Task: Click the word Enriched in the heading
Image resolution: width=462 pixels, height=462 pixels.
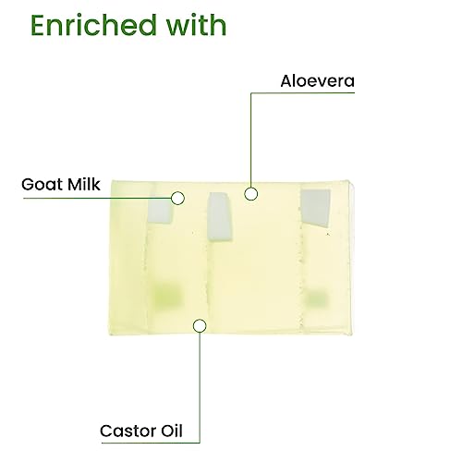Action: (x=93, y=25)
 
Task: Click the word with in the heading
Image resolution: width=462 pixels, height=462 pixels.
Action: (x=197, y=25)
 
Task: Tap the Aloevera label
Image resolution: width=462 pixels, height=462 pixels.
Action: (x=318, y=81)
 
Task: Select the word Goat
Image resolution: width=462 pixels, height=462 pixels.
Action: (x=42, y=185)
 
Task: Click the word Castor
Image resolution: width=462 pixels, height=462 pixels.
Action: (x=128, y=431)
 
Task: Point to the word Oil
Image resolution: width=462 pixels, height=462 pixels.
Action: (x=172, y=431)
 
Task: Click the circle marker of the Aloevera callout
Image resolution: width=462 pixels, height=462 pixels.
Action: (x=251, y=194)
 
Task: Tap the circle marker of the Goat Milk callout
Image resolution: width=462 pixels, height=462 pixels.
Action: (x=177, y=198)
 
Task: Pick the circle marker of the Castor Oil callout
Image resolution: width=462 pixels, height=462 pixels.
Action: (x=200, y=325)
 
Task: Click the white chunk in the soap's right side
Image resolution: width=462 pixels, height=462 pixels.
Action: (x=315, y=208)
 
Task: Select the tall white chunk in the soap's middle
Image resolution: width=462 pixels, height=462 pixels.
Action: (x=219, y=217)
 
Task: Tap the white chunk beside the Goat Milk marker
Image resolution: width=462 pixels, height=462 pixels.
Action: (x=160, y=212)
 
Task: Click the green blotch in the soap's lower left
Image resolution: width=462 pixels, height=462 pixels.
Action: (x=166, y=296)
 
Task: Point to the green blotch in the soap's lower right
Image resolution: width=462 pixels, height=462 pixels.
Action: (x=315, y=298)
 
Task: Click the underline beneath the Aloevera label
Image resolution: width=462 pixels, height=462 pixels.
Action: (x=303, y=92)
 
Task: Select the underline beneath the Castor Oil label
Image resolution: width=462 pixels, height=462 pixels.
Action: (x=151, y=443)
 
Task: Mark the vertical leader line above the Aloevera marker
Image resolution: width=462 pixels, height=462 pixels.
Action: (x=251, y=140)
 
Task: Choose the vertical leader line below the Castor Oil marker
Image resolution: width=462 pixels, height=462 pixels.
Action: (x=200, y=387)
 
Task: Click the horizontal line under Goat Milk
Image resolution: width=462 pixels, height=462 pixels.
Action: (x=97, y=198)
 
